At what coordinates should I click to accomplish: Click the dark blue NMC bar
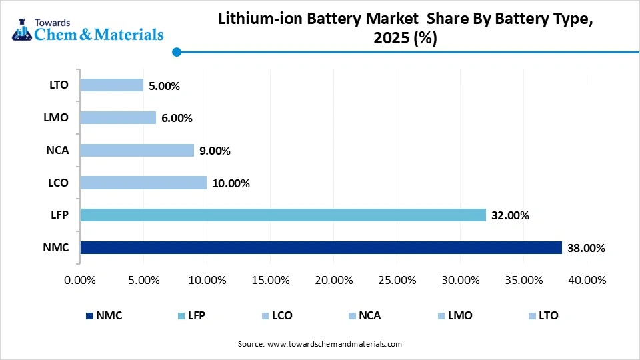click(x=320, y=248)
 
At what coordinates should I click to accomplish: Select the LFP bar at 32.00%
click(x=283, y=215)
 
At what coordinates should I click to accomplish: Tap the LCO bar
click(x=143, y=183)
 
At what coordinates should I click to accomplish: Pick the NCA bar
click(x=137, y=150)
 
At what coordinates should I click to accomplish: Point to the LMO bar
click(x=117, y=117)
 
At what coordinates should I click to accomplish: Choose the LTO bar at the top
click(x=111, y=85)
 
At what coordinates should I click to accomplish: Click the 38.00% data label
click(x=585, y=248)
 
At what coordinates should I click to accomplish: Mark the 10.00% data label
click(x=231, y=183)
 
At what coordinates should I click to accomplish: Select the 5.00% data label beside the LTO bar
click(x=164, y=85)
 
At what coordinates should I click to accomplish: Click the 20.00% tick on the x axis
click(x=333, y=280)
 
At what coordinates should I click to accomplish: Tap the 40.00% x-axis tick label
click(x=586, y=280)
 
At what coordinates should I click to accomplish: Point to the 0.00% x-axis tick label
click(x=80, y=280)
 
